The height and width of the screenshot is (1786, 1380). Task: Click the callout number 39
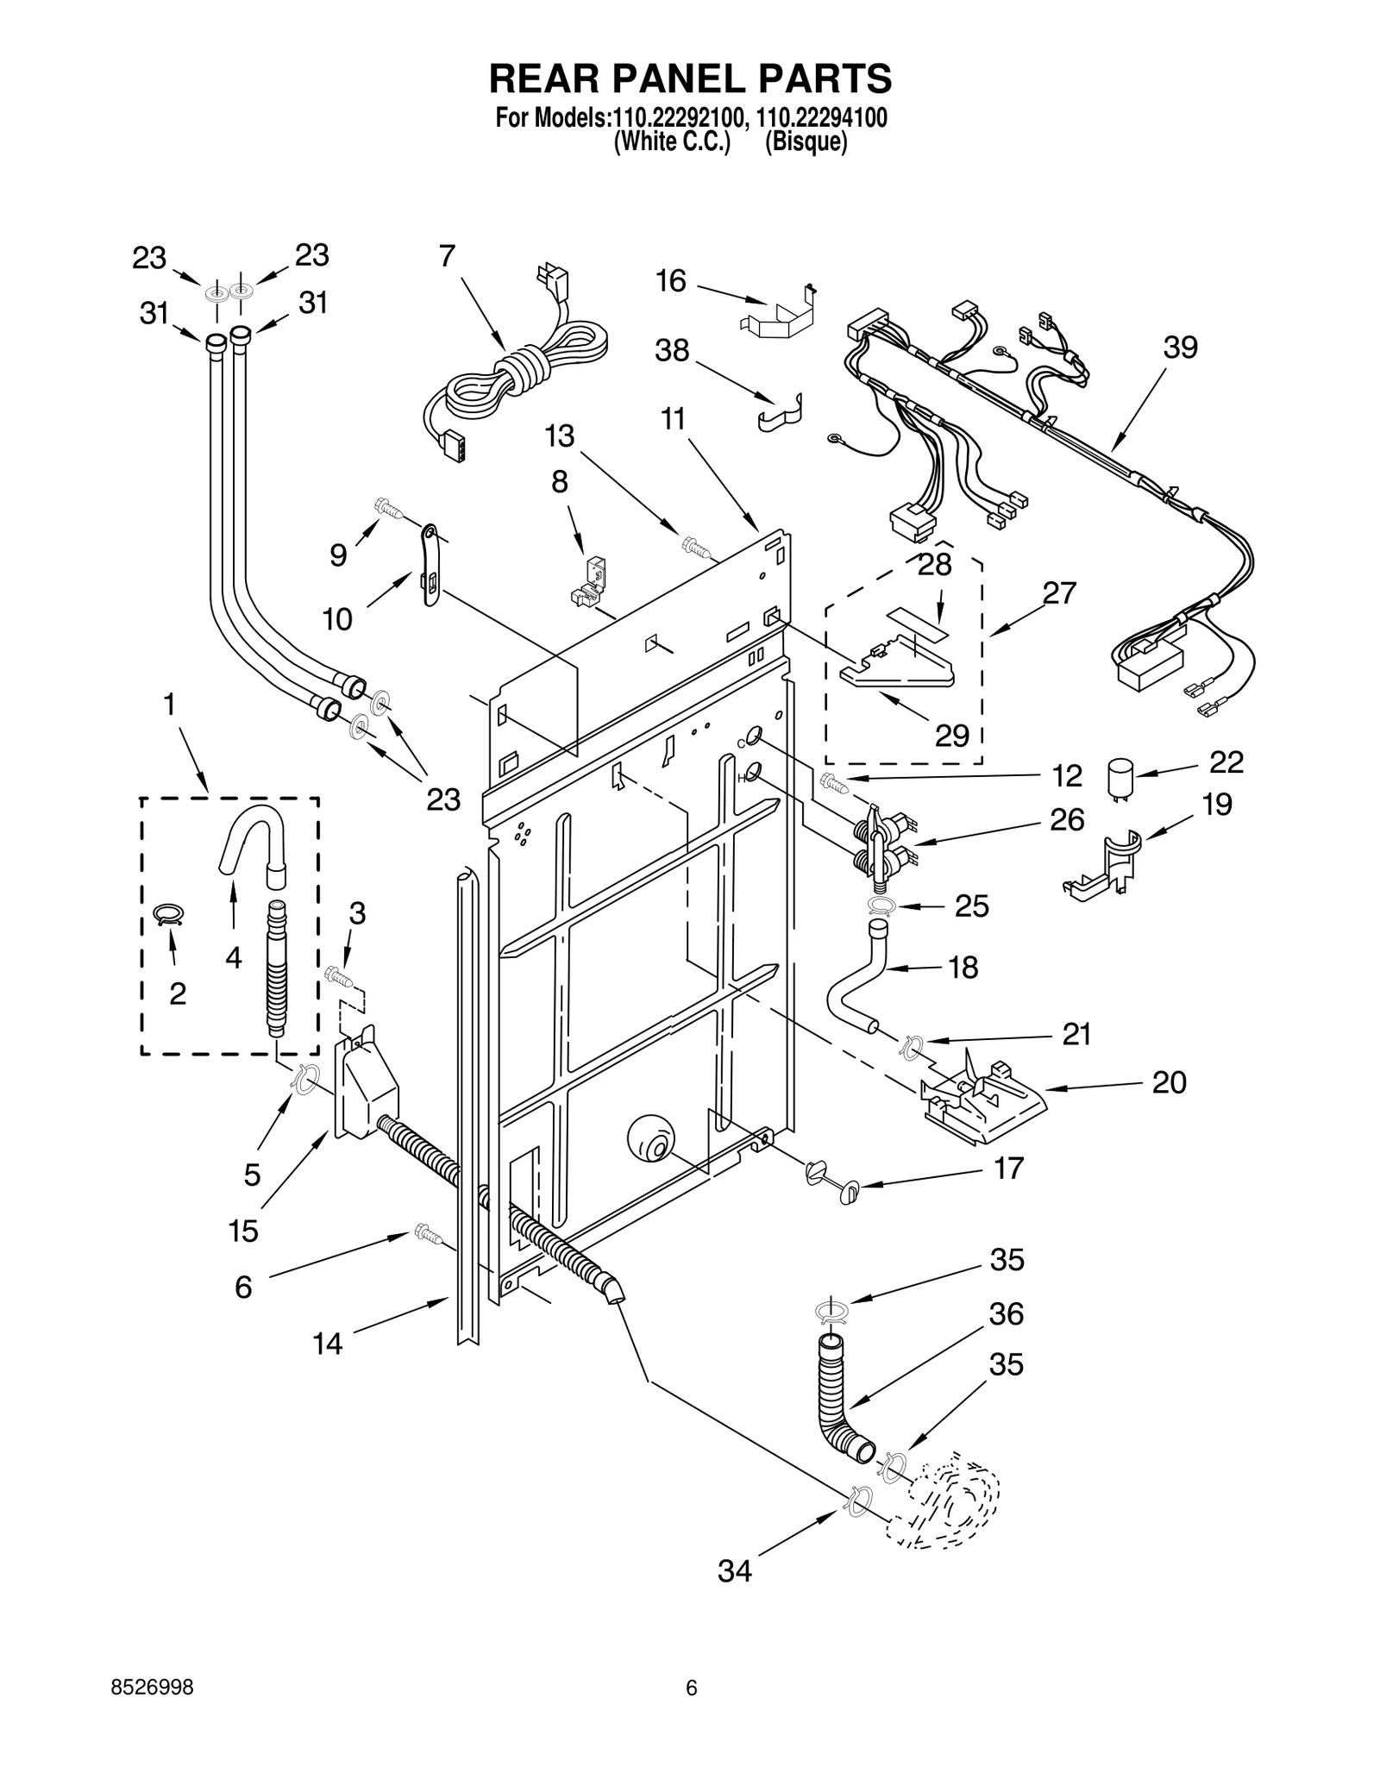(1180, 348)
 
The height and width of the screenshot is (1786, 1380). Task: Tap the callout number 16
(670, 280)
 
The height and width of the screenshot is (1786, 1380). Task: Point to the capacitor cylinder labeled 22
(1120, 774)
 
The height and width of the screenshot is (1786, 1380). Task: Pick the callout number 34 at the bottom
(734, 1571)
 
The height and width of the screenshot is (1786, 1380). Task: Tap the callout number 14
(327, 1344)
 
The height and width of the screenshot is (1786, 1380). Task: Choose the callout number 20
(1169, 1082)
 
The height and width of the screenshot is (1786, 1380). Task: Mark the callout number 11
(672, 419)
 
